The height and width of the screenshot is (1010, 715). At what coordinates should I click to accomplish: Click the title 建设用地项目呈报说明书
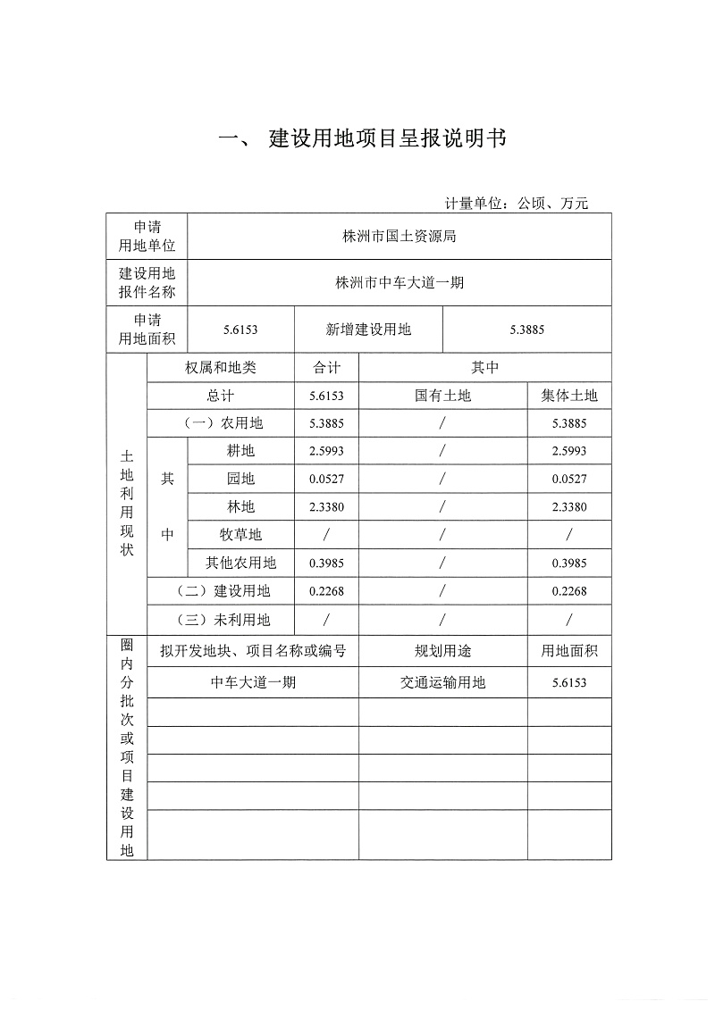click(388, 139)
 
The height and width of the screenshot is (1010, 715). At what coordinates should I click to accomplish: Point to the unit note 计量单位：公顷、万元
click(517, 204)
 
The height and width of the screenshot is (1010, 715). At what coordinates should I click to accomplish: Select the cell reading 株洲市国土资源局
click(400, 237)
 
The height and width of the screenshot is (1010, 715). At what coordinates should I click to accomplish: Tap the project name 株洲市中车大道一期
click(400, 283)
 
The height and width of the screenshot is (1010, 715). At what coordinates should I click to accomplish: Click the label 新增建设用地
click(368, 330)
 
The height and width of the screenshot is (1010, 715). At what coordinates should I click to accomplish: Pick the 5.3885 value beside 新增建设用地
click(527, 330)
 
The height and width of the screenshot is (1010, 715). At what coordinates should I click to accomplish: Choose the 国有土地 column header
click(442, 395)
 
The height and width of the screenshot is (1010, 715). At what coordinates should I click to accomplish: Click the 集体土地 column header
click(569, 395)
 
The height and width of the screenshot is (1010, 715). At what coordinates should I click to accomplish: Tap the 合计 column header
click(326, 367)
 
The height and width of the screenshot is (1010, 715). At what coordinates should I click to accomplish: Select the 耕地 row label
click(241, 451)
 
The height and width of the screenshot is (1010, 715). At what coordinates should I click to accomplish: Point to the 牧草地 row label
click(241, 534)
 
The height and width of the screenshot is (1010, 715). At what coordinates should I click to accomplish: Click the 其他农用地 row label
click(241, 563)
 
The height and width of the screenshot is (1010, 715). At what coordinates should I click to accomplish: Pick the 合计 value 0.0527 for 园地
click(326, 480)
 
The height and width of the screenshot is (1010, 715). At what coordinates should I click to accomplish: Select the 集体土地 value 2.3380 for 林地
click(569, 507)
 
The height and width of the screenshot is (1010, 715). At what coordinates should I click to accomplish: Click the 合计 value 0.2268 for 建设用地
click(326, 590)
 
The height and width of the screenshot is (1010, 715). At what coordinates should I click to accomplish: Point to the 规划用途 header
click(442, 651)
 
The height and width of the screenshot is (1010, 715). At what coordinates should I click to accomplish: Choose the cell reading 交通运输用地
click(442, 683)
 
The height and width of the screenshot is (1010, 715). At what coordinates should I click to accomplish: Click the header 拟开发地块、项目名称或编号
click(253, 651)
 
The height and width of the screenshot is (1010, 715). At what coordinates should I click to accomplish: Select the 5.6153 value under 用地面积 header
click(569, 683)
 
